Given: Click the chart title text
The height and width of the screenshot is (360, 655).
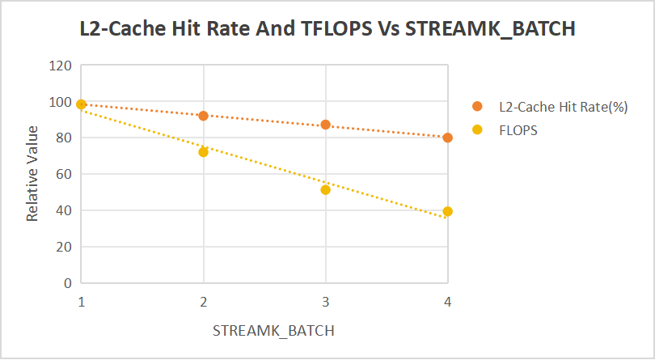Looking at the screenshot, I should coord(327,30).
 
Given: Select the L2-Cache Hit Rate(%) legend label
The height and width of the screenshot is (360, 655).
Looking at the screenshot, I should coord(564,107).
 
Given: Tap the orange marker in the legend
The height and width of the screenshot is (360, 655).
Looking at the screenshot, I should coord(477,107).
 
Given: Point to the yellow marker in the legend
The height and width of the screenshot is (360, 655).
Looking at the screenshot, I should coord(477,129).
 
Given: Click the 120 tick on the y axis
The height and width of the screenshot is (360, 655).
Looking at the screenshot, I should coord(61,66).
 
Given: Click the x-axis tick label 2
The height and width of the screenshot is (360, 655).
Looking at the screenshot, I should coord(203,301).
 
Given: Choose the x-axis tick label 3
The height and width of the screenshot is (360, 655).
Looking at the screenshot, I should coord(325,301).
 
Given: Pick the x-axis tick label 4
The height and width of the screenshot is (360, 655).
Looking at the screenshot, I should coord(447,301).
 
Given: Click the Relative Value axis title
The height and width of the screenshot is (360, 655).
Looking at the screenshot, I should coord(33,174).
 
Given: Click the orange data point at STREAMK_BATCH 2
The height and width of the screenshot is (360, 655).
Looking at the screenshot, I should coord(203,116).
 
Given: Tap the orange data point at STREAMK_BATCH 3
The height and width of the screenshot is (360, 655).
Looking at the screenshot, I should coord(325,125).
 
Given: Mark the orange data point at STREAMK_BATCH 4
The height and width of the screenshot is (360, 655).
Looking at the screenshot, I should coord(447,138).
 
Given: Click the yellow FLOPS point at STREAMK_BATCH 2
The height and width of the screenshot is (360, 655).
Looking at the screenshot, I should coord(203,152).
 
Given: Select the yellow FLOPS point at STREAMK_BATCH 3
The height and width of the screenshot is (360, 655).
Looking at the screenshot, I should coord(325,190).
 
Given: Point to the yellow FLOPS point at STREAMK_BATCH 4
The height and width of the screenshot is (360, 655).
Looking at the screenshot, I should coord(447,211).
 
